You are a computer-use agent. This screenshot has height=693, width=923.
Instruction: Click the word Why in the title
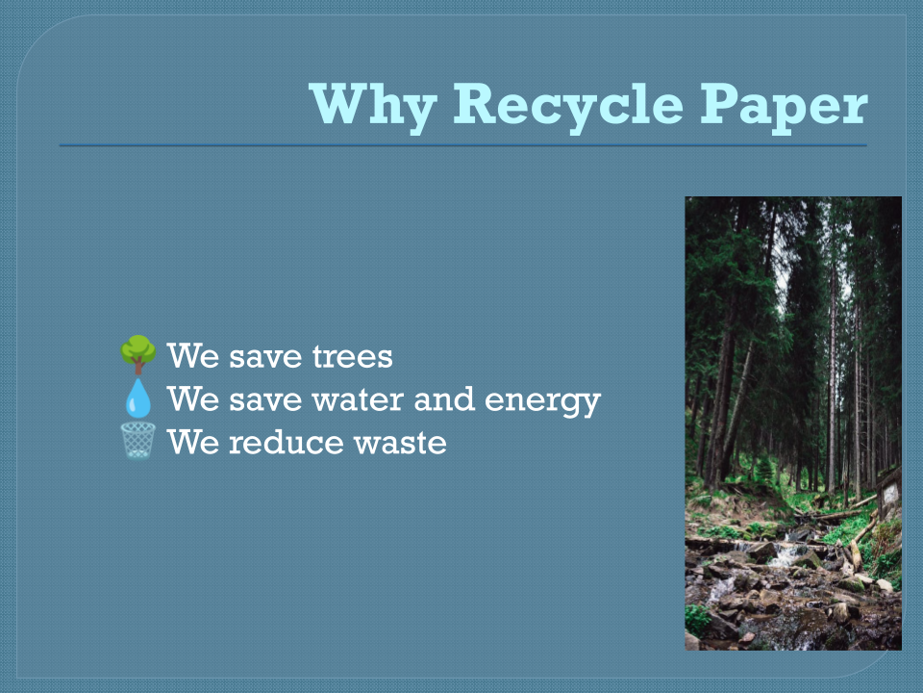coord(373,106)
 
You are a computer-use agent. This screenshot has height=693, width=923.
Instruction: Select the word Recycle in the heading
coord(568,106)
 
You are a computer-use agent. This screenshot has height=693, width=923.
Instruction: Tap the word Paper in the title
coord(785,106)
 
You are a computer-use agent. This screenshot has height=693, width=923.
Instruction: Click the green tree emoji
coord(138,355)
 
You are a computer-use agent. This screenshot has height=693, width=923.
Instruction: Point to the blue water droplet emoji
coord(138,398)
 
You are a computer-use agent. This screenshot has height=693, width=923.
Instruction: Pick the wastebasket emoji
coord(138,441)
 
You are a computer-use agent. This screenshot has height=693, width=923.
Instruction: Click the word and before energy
coord(444,398)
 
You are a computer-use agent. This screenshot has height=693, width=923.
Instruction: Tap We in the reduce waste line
coord(193,442)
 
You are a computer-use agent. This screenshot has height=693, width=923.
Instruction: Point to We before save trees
coord(193,356)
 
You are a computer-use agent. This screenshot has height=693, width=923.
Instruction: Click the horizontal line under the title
coord(462,145)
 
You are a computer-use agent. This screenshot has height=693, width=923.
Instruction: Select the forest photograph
coord(793,423)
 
